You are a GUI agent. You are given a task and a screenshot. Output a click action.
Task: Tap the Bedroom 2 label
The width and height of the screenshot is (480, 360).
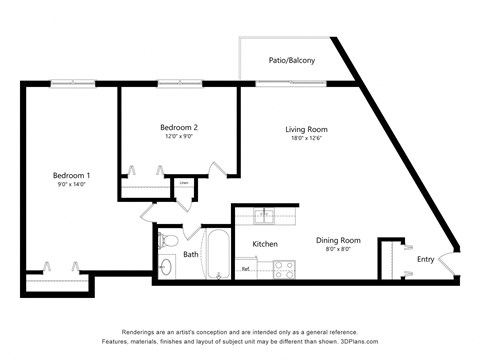tap(179, 127)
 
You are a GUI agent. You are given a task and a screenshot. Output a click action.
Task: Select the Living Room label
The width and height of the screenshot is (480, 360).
tap(306, 129)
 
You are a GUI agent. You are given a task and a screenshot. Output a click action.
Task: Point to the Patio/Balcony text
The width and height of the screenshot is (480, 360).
tap(291, 61)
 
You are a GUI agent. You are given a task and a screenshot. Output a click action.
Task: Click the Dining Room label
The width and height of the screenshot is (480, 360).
tap(338, 240)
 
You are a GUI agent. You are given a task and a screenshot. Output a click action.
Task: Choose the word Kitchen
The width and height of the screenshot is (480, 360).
tap(264, 244)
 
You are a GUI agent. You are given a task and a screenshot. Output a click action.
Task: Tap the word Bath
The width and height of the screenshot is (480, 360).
tap(191, 254)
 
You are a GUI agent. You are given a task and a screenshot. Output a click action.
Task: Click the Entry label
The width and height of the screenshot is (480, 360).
tap(426, 260)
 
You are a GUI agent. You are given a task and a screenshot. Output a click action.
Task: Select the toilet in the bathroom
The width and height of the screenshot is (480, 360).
tap(169, 242)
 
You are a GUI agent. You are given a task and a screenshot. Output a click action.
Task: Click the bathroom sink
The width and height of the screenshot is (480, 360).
tap(166, 267)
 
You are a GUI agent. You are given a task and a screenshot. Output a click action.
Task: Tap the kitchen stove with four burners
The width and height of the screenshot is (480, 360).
tap(284, 268)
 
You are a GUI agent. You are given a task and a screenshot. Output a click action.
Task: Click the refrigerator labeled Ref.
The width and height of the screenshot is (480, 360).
tap(246, 268)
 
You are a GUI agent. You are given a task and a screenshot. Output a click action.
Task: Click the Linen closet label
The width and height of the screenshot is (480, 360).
tap(184, 184)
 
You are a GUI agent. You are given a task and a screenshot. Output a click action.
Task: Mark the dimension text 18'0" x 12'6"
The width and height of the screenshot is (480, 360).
tap(306, 139)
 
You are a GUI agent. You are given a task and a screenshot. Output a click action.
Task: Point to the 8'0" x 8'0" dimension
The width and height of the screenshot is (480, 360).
tap(338, 250)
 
